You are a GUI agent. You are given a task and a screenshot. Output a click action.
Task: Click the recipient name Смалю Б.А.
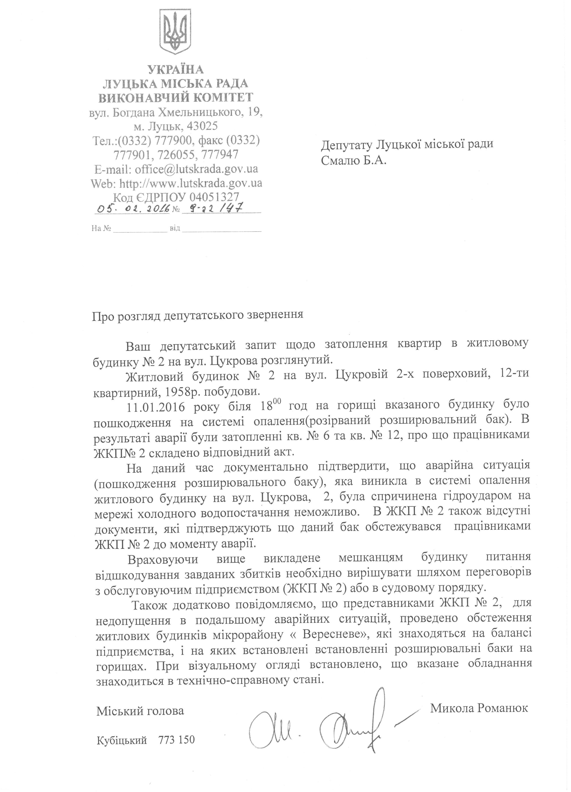[353, 161]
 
